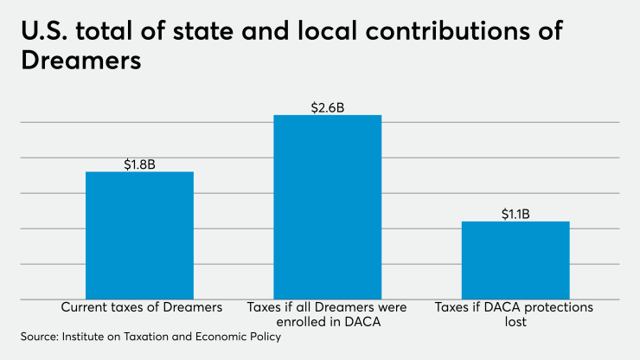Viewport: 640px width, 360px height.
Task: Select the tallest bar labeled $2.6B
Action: click(327, 207)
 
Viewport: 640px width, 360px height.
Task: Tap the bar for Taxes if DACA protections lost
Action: click(515, 260)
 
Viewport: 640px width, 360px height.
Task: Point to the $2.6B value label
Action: click(327, 108)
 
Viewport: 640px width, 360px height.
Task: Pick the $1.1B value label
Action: click(515, 214)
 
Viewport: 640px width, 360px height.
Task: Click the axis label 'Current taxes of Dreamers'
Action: click(142, 307)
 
